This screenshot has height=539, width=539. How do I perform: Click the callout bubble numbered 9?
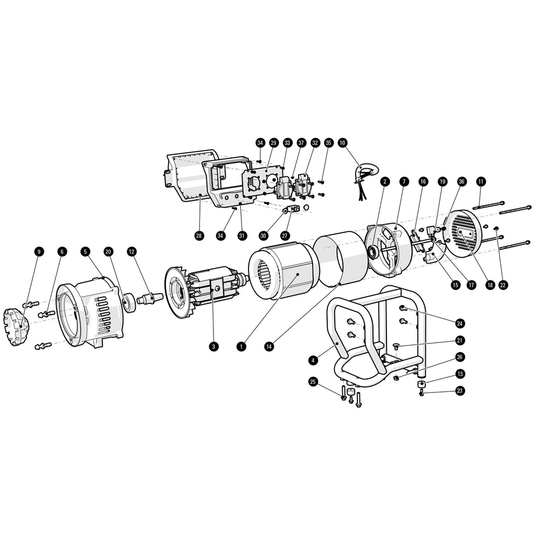click(x=38, y=251)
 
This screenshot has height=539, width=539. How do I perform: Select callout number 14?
click(x=269, y=347)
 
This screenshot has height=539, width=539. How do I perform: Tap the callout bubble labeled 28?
click(x=200, y=236)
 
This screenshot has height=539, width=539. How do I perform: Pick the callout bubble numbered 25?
click(x=313, y=382)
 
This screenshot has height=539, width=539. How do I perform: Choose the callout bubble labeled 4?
click(x=313, y=358)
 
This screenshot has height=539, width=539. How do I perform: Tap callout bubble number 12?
click(x=132, y=251)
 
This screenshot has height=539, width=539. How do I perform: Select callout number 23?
click(x=460, y=390)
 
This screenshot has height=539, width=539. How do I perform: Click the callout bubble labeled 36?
click(x=462, y=182)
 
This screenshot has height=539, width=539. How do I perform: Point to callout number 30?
click(x=264, y=236)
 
